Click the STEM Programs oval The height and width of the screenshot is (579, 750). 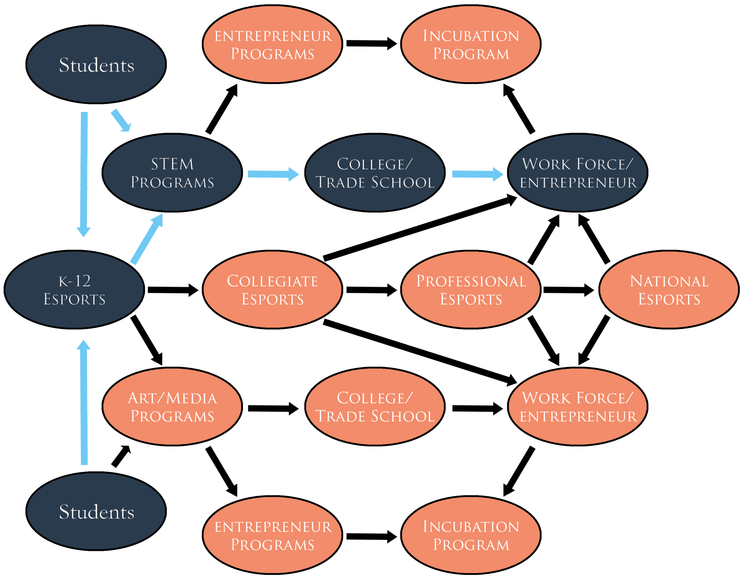pos(172,173)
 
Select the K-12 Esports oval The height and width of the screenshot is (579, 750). pos(74,290)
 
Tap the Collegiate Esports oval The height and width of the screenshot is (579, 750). pos(272,290)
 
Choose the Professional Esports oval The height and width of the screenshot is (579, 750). pos(471,290)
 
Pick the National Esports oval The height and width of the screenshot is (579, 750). pos(669,290)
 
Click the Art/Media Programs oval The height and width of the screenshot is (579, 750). pos(172,407)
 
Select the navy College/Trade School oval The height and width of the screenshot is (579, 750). pos(375,173)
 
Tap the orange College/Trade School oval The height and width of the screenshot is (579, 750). pos(375,407)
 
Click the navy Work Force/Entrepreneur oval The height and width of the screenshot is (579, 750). pos(578,173)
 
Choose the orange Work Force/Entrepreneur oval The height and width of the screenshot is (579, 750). pos(578,407)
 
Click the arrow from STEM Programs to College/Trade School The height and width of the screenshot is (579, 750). pos(273,174)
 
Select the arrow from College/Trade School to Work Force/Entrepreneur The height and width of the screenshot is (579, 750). pos(477,174)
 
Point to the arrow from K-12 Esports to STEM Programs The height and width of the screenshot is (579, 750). pos(146,239)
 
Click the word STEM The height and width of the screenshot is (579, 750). pos(172,164)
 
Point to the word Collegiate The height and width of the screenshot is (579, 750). pos(272,281)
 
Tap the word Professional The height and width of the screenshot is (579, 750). pos(471,281)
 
